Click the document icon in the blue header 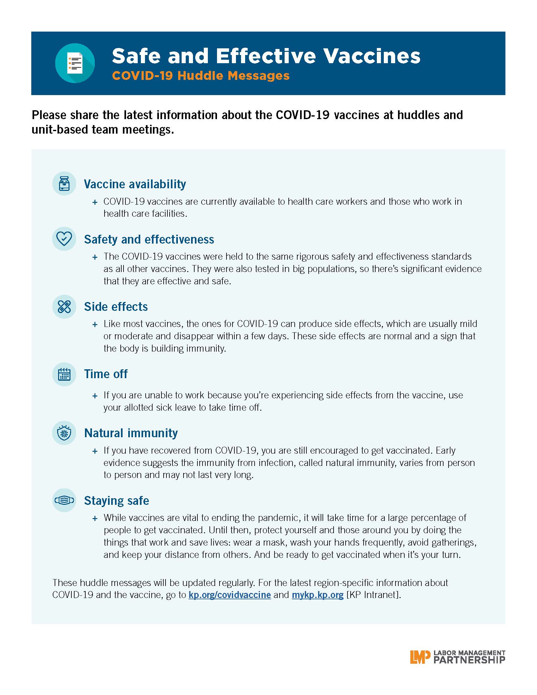[x=75, y=63]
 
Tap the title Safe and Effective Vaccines [x=266, y=56]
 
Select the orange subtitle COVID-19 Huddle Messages [x=201, y=76]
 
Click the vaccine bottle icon [x=64, y=184]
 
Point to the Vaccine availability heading [x=135, y=184]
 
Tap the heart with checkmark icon [x=64, y=239]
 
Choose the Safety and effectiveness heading [x=149, y=239]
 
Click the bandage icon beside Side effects [x=64, y=306]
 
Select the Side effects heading [x=116, y=306]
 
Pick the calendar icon [x=64, y=374]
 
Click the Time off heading [x=106, y=374]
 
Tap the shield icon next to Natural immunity [x=64, y=433]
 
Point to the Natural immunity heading [x=131, y=433]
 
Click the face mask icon [x=64, y=500]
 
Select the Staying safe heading [x=117, y=501]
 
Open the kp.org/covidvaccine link [x=230, y=595]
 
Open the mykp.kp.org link [x=317, y=595]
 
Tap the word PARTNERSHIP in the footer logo [x=469, y=660]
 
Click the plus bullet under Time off [x=95, y=396]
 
